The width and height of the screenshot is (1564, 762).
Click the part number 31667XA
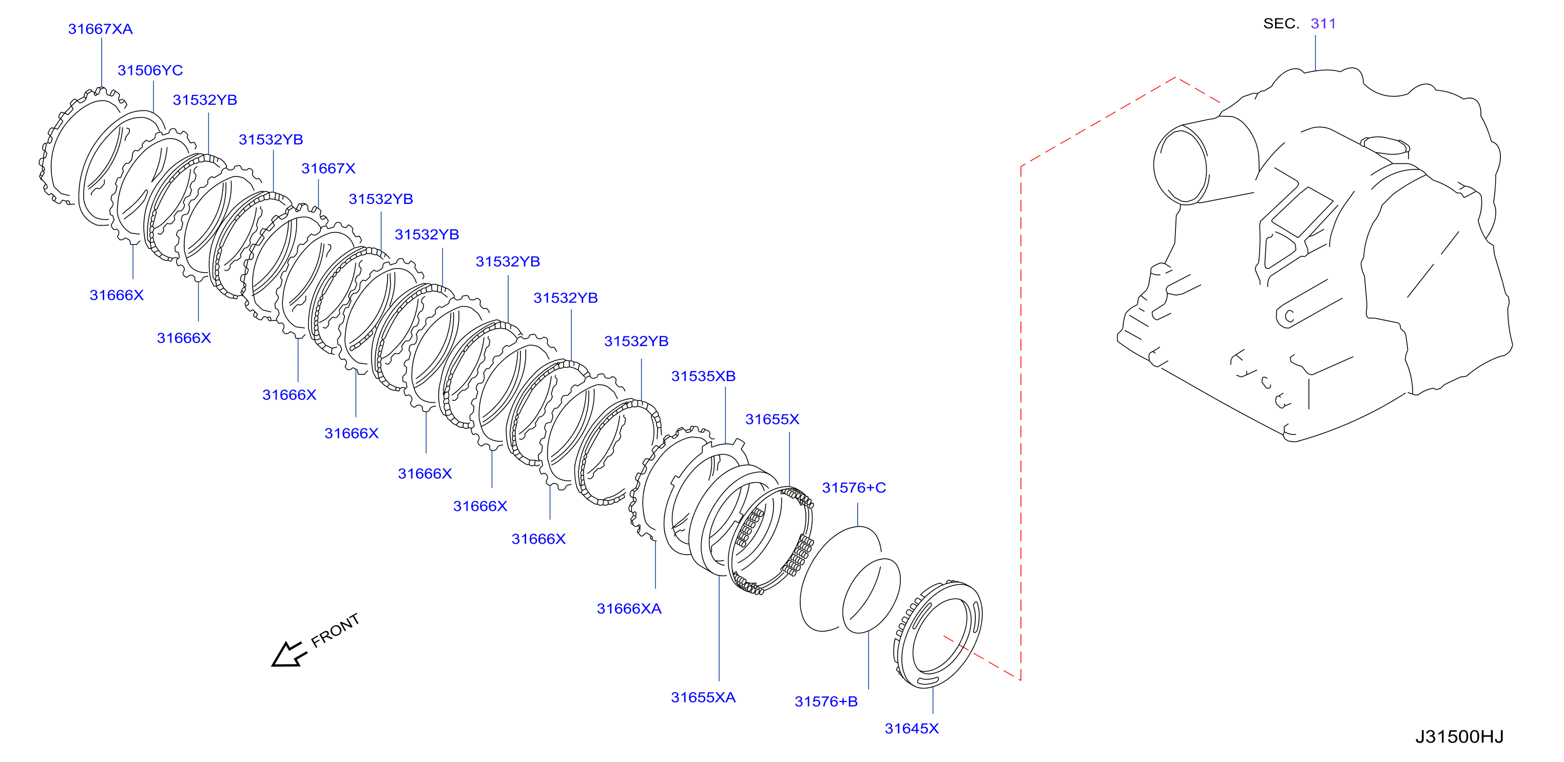click(x=100, y=29)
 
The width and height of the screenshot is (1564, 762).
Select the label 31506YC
click(x=150, y=70)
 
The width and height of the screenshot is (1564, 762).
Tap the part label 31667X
click(x=328, y=168)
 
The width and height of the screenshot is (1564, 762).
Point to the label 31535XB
click(x=703, y=376)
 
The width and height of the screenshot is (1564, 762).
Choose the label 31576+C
click(x=854, y=488)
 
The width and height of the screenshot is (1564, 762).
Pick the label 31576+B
click(x=826, y=701)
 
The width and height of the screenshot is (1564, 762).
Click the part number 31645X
click(x=911, y=728)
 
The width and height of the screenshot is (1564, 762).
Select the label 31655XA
click(x=703, y=697)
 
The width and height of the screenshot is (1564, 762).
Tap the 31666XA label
click(x=629, y=608)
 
